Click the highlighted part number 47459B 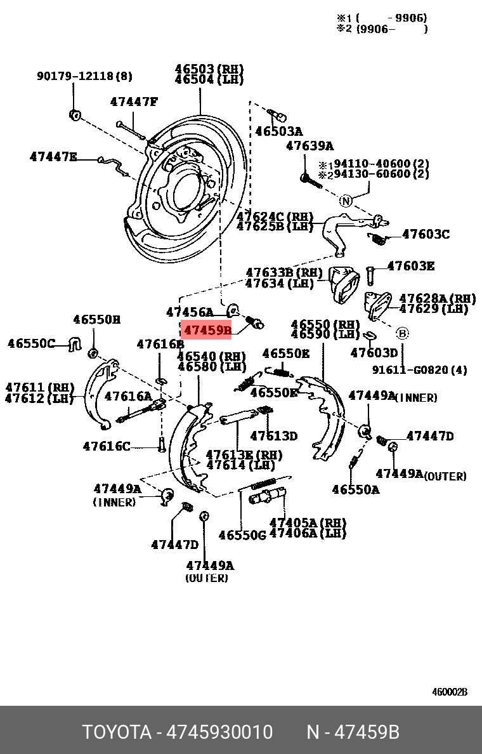coord(207,331)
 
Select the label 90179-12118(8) coord(84,76)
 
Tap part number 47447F coord(133,102)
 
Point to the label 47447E coord(53,156)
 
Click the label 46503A coord(278,131)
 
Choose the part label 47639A coord(309,146)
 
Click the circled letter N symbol coord(345,201)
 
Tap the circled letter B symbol coord(402,333)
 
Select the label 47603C coord(426,234)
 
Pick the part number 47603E coord(410,266)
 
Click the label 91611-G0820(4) coord(419,369)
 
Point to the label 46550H coord(96,320)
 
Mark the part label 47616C coord(106,446)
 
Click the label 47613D coord(273,436)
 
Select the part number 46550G coord(242,535)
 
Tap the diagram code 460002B coord(450,692)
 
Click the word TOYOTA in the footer coord(117,732)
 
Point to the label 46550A coord(355,489)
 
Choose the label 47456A coord(190,312)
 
